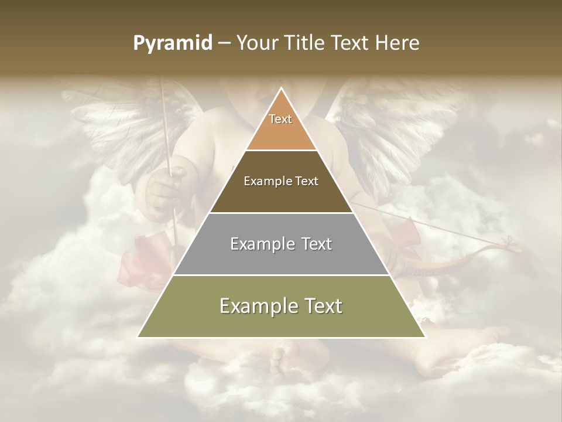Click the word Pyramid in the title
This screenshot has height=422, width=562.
[172, 43]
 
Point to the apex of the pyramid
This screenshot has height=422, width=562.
[281, 89]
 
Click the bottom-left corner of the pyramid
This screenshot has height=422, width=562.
[138, 336]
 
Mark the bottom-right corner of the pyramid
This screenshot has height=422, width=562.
[424, 336]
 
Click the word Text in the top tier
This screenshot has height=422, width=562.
[280, 119]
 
